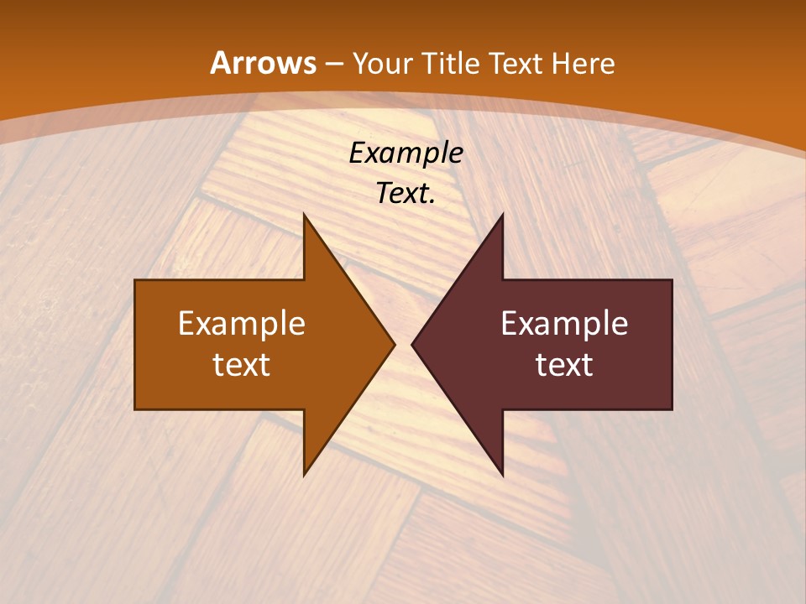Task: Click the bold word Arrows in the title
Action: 264,63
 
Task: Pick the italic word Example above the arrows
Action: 406,154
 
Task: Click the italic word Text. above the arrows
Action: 406,194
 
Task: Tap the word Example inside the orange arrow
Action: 242,324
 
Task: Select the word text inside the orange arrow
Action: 242,364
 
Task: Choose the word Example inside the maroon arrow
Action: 564,324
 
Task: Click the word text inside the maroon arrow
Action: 564,364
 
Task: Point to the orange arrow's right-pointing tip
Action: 393,344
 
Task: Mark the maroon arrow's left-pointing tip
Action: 413,344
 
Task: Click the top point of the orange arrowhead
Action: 305,216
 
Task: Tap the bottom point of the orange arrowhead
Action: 305,474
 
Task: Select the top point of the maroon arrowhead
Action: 502,216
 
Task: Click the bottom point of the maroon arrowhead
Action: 502,474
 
